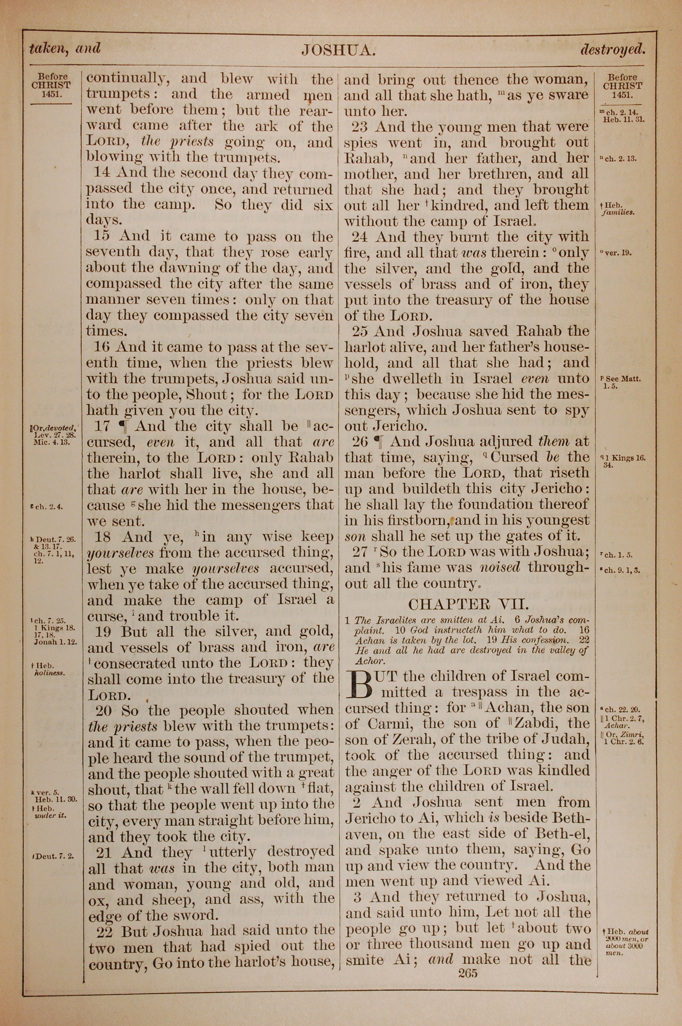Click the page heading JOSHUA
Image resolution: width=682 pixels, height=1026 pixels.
[338, 51]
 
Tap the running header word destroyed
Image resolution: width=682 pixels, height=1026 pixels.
[612, 49]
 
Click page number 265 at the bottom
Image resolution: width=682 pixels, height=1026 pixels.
[467, 972]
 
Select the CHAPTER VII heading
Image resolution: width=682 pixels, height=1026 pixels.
[468, 604]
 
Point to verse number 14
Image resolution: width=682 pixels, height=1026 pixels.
[103, 173]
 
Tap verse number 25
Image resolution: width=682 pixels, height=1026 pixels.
[360, 332]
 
